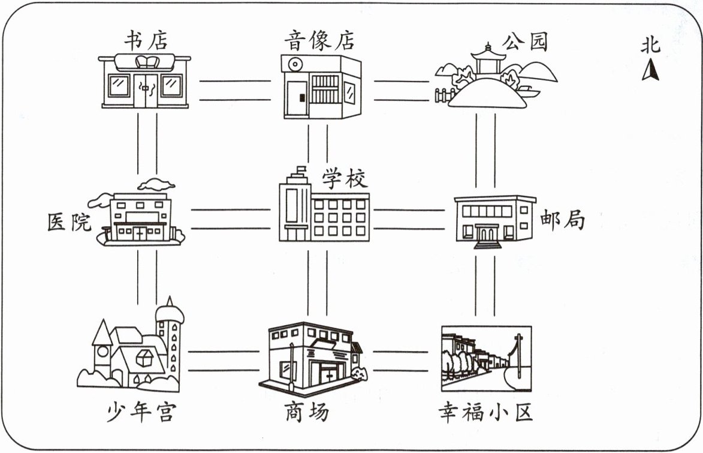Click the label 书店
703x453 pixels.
(146, 40)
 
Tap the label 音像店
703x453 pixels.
(319, 41)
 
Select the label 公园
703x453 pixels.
(525, 42)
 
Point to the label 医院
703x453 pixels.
(70, 223)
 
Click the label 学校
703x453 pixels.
(345, 178)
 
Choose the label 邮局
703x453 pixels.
(562, 220)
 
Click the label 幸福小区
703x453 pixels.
(485, 412)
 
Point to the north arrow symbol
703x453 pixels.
(650, 71)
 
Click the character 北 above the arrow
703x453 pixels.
(650, 46)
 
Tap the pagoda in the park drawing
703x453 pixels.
(487, 60)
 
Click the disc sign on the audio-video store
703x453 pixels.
(294, 64)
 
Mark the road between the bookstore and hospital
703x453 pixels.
(147, 144)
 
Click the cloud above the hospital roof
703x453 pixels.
(156, 184)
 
